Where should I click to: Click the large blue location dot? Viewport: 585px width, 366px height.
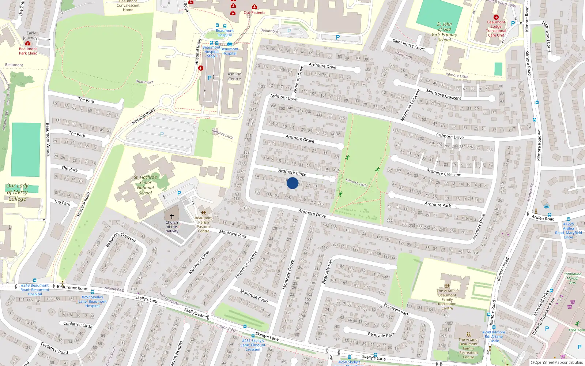(292, 183)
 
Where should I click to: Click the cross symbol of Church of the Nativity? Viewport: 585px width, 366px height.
(172, 216)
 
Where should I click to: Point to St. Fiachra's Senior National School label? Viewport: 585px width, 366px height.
(146, 185)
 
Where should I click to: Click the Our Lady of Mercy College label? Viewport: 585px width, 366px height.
(17, 192)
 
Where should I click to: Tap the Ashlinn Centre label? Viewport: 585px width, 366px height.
(234, 76)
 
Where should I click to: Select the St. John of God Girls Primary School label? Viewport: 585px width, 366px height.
(445, 32)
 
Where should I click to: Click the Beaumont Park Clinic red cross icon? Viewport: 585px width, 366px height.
(27, 44)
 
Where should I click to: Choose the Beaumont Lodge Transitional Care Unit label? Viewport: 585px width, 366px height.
(496, 29)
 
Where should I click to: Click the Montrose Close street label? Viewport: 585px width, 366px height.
(199, 262)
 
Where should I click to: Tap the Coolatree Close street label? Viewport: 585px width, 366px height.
(78, 324)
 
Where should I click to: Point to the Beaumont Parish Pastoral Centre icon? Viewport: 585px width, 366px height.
(204, 213)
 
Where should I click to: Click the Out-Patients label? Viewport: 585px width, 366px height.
(254, 12)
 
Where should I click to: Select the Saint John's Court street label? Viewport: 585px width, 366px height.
(409, 45)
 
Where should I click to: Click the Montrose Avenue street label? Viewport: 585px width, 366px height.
(246, 265)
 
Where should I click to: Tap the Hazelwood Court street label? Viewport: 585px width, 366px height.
(546, 37)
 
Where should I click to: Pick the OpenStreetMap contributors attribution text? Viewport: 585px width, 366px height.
(557, 363)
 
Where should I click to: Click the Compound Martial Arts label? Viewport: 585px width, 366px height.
(572, 278)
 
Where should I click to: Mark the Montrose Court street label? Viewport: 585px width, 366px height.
(254, 296)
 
